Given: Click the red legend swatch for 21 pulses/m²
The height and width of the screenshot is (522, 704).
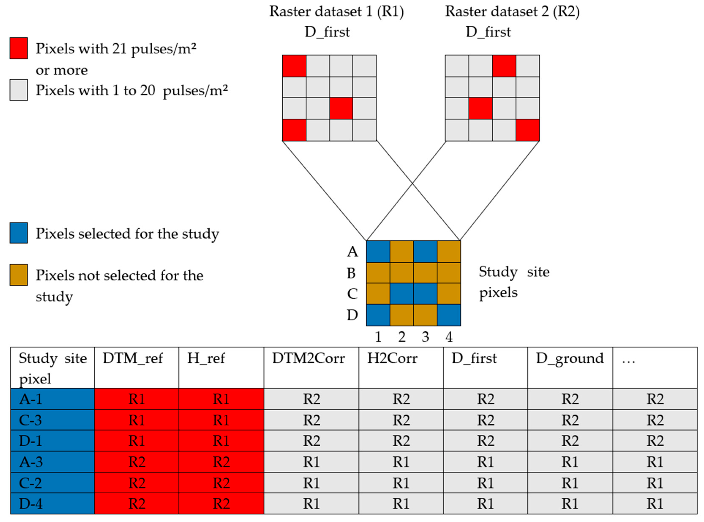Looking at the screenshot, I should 18,48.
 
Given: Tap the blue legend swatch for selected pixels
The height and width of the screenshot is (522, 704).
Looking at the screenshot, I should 18,233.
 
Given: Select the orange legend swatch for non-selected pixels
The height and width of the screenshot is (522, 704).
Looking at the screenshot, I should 18,275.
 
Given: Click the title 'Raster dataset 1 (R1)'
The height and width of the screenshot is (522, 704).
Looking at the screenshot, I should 336,12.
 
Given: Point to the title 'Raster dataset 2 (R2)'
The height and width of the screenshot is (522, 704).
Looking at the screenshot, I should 512,12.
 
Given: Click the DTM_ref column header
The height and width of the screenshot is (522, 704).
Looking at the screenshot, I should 133,358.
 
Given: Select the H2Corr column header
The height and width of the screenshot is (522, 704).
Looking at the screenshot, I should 392,358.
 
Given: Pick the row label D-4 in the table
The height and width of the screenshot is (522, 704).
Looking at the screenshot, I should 31,503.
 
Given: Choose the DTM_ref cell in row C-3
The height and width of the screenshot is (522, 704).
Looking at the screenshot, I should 137,420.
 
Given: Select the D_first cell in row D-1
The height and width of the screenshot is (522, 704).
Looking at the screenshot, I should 485,441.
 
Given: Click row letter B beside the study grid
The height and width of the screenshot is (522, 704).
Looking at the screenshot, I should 351,273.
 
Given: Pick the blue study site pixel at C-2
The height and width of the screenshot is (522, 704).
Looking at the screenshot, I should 401,294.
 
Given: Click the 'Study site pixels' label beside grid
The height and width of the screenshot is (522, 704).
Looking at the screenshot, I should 514,282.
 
